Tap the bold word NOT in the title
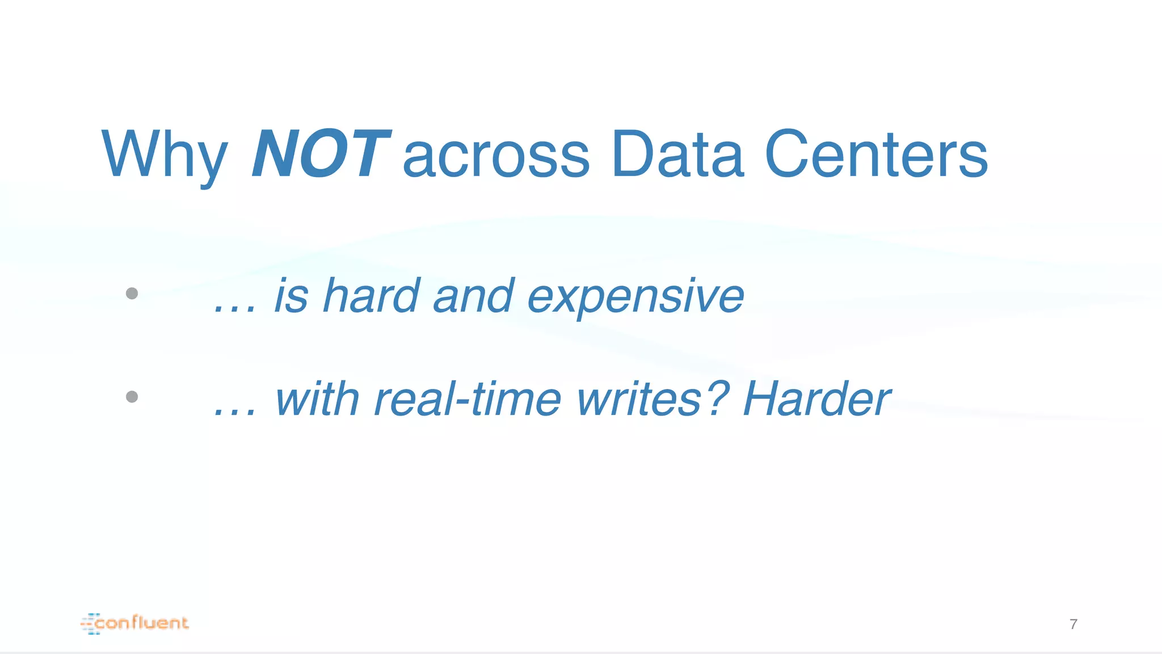point(321,154)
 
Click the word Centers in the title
point(876,154)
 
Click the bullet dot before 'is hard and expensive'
point(132,294)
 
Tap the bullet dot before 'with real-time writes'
point(132,396)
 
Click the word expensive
point(635,296)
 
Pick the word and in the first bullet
point(474,296)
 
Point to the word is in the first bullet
point(291,296)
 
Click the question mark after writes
point(718,397)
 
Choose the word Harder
point(816,399)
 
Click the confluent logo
point(135,623)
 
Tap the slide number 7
point(1073,624)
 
